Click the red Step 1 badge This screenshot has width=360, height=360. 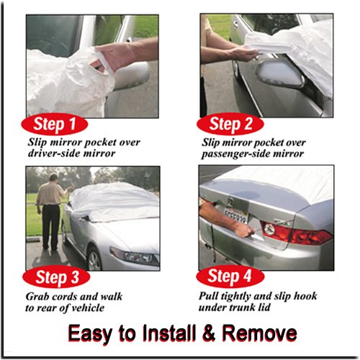click(55, 124)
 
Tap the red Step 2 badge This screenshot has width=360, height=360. click(230, 124)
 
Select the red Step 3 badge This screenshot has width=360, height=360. click(56, 277)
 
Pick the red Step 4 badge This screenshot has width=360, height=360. click(230, 276)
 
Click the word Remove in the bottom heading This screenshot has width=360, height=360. click(259, 333)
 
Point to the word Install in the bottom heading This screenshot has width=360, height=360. click(169, 333)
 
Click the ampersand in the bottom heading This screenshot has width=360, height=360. click(209, 333)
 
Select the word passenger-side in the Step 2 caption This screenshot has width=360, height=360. click(235, 154)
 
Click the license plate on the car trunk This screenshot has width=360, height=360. click(235, 215)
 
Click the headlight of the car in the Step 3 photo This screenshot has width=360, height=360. click(135, 256)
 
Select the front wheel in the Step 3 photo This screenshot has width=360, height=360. click(94, 259)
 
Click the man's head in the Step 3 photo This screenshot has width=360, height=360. click(53, 178)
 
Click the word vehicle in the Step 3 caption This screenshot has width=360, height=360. click(88, 307)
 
